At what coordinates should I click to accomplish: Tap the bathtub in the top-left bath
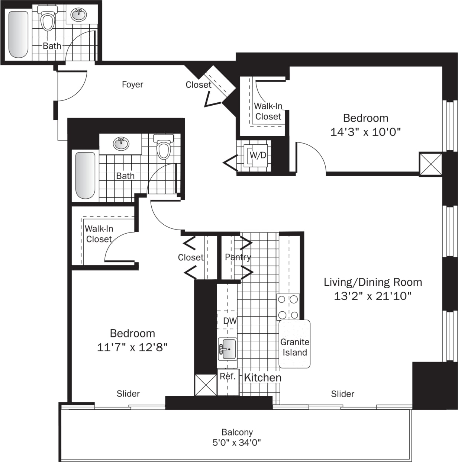click(18, 34)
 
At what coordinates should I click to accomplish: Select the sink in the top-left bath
click(78, 15)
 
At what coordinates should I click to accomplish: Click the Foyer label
click(132, 84)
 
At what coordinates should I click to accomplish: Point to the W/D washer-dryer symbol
click(257, 155)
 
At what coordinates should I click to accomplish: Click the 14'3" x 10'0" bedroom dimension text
click(365, 132)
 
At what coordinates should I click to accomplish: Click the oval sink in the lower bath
click(121, 143)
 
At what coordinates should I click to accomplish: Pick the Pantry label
click(238, 257)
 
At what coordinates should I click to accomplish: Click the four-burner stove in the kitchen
click(288, 307)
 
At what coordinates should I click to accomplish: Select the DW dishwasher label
click(229, 321)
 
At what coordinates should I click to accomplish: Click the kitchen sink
click(227, 349)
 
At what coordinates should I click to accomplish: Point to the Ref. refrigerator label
click(228, 376)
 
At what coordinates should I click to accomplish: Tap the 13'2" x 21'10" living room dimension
click(372, 296)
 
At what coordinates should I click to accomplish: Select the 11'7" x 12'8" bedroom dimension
click(132, 347)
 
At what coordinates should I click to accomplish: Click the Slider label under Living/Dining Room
click(342, 394)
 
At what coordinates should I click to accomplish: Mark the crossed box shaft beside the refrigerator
click(206, 385)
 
